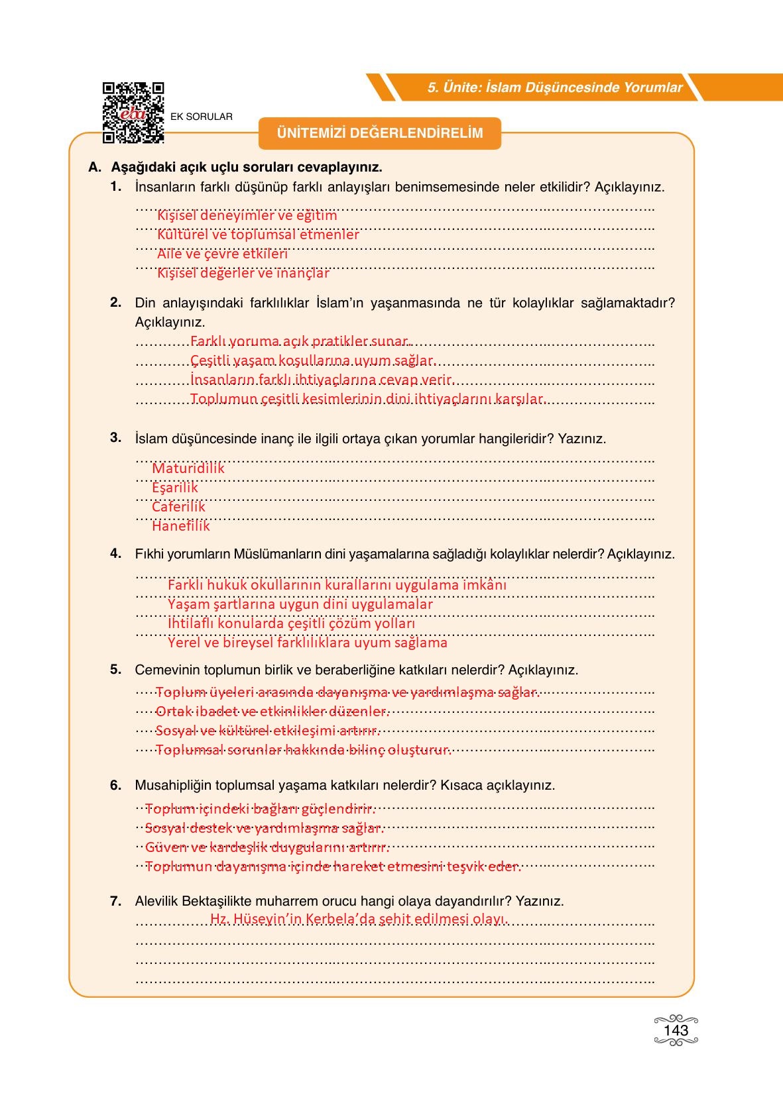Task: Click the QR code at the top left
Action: point(133,113)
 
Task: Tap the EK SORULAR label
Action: point(202,117)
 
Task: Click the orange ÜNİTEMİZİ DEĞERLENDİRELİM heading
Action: point(380,133)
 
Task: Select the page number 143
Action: point(676,1030)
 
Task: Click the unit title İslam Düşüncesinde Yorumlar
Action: point(555,87)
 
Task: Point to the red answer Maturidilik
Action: point(188,468)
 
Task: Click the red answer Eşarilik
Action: point(175,488)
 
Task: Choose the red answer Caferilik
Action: point(178,507)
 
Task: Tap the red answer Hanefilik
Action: point(181,526)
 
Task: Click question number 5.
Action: point(116,669)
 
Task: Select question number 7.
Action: point(116,901)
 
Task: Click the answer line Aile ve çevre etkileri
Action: point(222,254)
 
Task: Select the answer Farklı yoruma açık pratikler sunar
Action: point(301,342)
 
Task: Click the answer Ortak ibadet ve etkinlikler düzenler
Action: point(272,712)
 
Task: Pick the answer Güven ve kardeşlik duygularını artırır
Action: point(267,847)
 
